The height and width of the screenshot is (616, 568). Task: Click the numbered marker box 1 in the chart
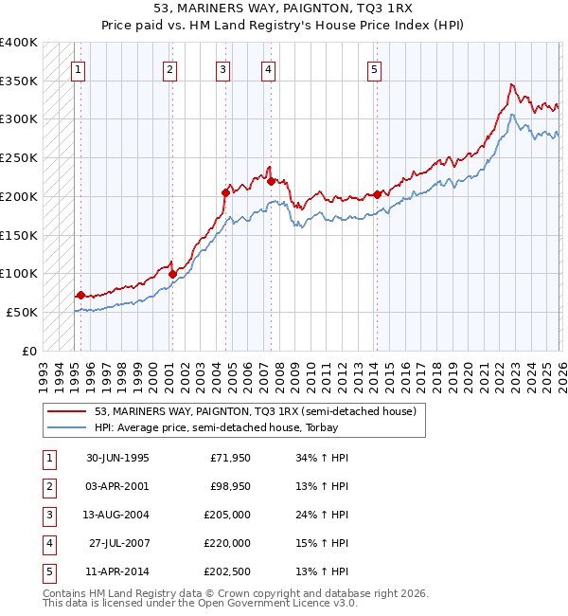[77, 68]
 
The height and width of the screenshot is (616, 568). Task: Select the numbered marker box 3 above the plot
[222, 68]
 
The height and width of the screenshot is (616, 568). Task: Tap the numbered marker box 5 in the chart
[375, 68]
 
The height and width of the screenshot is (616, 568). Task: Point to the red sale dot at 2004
[226, 192]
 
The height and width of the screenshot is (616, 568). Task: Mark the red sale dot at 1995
[80, 295]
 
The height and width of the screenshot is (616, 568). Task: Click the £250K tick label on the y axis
[19, 157]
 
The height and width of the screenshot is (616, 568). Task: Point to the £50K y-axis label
[22, 312]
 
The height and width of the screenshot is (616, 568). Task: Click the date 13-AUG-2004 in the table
[117, 515]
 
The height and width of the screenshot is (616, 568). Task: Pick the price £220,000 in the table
[227, 543]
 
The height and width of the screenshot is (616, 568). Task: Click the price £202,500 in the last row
[227, 571]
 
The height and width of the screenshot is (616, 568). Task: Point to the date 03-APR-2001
[117, 486]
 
